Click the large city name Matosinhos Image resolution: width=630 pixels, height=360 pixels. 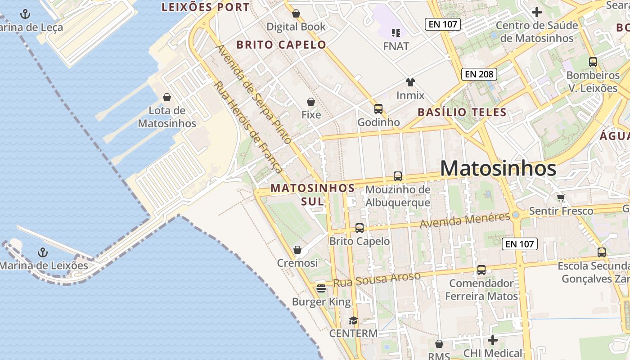(x=498, y=169)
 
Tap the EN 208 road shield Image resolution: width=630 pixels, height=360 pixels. (x=479, y=74)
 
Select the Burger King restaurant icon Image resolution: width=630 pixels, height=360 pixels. (x=321, y=288)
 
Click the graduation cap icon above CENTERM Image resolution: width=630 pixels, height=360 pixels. (x=353, y=321)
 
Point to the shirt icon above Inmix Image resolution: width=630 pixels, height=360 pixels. (x=410, y=82)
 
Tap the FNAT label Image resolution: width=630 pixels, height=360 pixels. (x=396, y=46)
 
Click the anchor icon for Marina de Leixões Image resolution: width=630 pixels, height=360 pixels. (x=43, y=252)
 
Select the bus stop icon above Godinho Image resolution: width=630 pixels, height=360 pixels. (x=378, y=109)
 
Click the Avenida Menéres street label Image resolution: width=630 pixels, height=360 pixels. (x=465, y=220)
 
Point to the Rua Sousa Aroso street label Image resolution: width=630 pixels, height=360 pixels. (x=377, y=279)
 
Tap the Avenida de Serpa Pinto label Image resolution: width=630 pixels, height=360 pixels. (x=253, y=94)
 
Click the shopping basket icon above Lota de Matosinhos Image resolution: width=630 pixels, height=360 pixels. (x=167, y=97)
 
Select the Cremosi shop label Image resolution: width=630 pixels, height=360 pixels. (x=297, y=263)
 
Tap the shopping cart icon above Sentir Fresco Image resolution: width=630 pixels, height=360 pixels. (x=561, y=198)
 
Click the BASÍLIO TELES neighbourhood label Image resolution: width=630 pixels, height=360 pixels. (x=462, y=112)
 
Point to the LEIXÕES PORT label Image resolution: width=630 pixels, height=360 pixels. (x=205, y=7)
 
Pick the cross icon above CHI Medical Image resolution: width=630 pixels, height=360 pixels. (x=493, y=340)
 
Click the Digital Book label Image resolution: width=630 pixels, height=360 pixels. (x=296, y=27)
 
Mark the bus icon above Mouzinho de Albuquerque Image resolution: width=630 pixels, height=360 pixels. (x=397, y=176)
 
